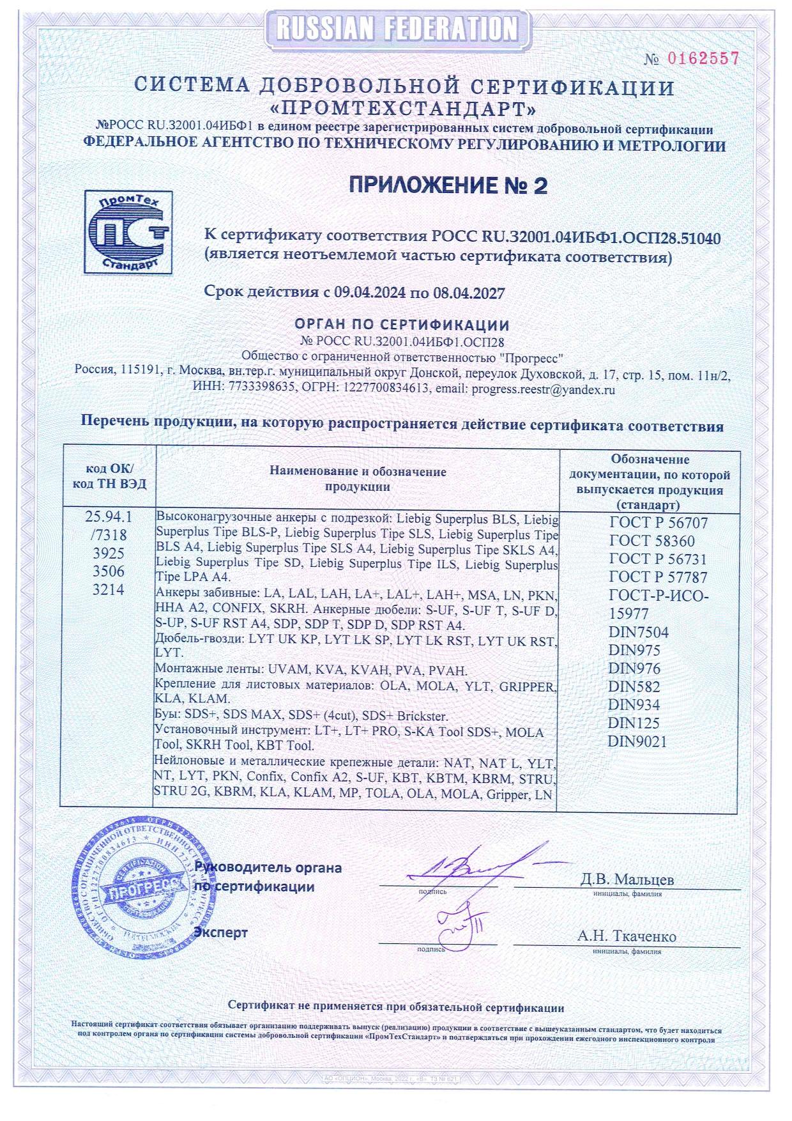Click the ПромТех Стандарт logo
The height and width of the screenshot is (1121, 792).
tap(130, 231)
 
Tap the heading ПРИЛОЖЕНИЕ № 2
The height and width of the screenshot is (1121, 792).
tap(448, 185)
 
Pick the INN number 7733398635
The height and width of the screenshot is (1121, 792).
tap(253, 389)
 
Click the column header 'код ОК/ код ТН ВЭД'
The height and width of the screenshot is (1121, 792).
tap(109, 476)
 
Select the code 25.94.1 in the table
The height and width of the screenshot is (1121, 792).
tap(109, 516)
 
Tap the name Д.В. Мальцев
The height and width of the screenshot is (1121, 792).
tap(627, 879)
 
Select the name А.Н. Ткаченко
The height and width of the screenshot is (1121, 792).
tap(627, 936)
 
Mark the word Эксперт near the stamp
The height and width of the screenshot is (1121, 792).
tap(221, 932)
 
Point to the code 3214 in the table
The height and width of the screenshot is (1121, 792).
tap(109, 590)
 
